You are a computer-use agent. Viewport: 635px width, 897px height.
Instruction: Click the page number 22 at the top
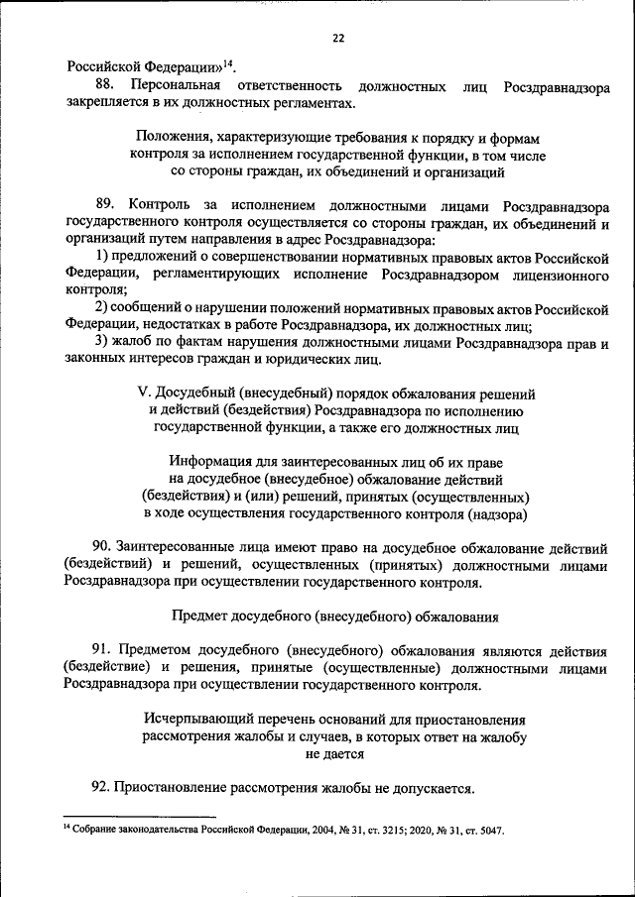pos(338,38)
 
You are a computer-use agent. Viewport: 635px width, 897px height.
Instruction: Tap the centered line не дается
pos(335,753)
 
